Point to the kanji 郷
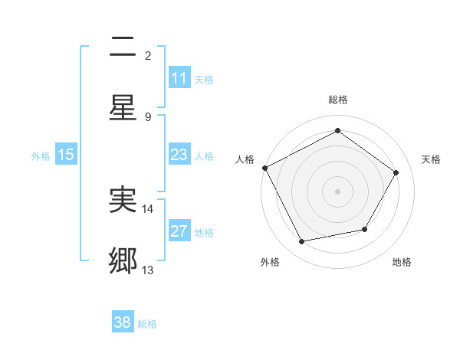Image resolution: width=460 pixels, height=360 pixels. click(123, 260)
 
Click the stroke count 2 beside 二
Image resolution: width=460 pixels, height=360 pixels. click(148, 55)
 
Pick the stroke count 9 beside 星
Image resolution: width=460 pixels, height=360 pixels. click(148, 116)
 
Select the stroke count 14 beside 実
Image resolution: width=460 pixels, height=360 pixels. click(149, 208)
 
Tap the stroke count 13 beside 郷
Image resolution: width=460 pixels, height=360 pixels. click(149, 270)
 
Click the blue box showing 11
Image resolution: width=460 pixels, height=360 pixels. click(179, 78)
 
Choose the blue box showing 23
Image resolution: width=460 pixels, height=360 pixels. click(179, 155)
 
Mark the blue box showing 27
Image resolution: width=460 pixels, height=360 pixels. click(179, 231)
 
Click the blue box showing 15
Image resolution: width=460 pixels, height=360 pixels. click(66, 155)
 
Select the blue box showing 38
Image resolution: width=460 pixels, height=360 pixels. click(123, 322)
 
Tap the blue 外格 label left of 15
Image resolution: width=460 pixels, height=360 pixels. click(41, 155)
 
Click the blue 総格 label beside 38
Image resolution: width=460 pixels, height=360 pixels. click(147, 323)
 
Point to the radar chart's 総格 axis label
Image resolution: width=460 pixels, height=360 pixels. click(338, 100)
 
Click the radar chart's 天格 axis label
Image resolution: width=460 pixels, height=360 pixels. click(432, 159)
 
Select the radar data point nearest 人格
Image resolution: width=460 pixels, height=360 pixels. click(264, 168)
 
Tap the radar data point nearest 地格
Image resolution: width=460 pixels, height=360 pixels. click(365, 229)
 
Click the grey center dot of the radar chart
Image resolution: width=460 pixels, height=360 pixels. click(337, 191)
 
